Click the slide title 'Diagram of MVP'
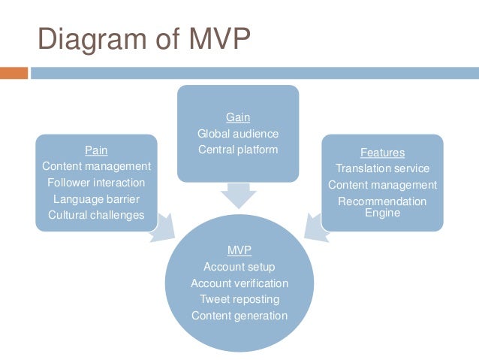[143, 40]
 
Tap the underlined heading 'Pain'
[96, 150]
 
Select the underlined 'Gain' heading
[238, 117]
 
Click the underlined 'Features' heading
[382, 152]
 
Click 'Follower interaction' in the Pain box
[96, 183]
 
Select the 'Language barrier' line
[96, 199]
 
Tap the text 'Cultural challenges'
[96, 215]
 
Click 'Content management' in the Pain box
[96, 166]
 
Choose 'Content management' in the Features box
[382, 185]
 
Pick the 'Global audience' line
[238, 134]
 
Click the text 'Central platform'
[238, 150]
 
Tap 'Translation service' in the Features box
[382, 168]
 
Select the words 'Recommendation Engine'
[382, 207]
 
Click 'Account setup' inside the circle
[239, 267]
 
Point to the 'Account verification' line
[239, 283]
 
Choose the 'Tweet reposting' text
[239, 299]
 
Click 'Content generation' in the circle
[239, 316]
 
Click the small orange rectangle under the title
[14, 73]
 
